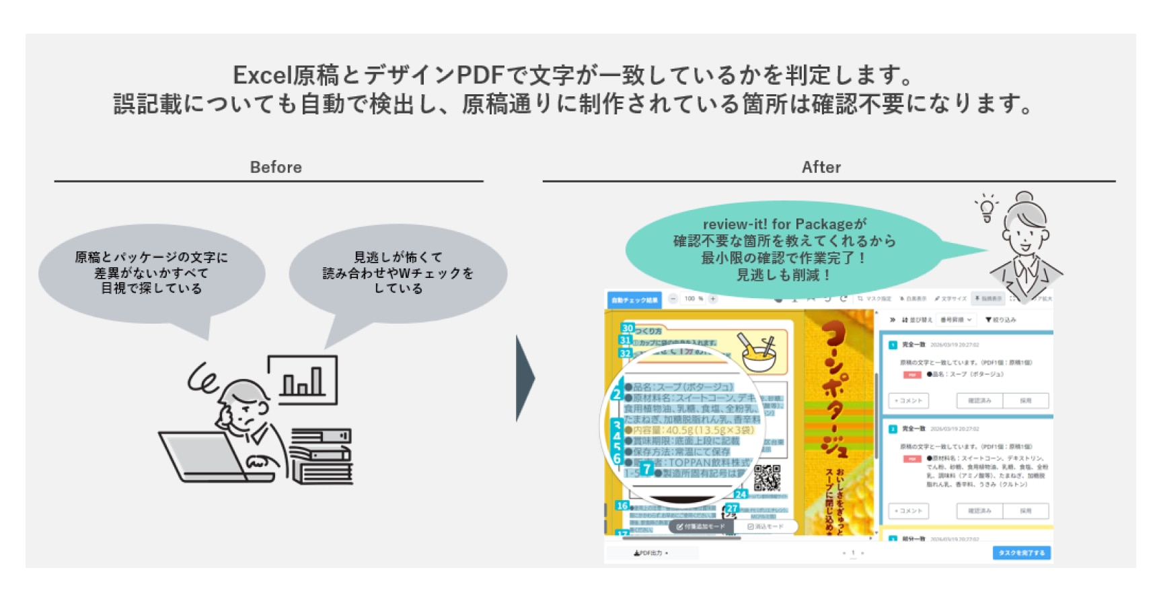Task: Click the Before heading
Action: coord(276,167)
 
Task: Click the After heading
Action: coord(821,167)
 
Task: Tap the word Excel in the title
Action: coord(262,75)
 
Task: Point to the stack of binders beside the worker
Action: coord(322,456)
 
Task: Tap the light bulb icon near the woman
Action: coord(987,208)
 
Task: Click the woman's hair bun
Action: coord(1025,198)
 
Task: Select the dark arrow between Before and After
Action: coord(525,378)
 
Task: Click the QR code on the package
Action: coord(767,477)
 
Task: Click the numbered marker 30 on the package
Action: coord(628,328)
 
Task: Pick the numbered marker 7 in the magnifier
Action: coord(646,468)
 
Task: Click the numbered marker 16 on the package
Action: coord(622,505)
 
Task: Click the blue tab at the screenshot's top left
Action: coord(634,300)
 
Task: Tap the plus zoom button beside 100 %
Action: coord(713,299)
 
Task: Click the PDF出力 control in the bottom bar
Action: coord(650,553)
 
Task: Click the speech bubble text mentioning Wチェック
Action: coord(398,273)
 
